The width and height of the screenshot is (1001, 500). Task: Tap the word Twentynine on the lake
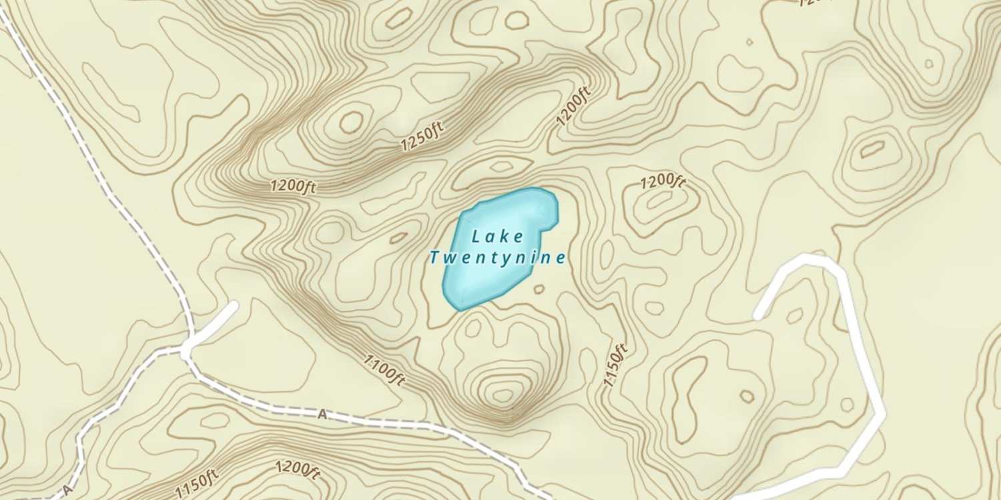pyautogui.click(x=498, y=257)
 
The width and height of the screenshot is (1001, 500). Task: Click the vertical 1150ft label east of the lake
pyautogui.click(x=615, y=365)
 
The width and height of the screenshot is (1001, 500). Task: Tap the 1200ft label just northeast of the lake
pyautogui.click(x=663, y=182)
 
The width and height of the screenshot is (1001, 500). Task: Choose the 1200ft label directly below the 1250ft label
pyautogui.click(x=293, y=186)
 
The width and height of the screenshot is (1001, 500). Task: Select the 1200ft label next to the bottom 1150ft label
pyautogui.click(x=298, y=469)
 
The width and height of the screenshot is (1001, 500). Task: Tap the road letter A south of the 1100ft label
pyautogui.click(x=322, y=415)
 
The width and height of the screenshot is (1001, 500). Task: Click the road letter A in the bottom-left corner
pyautogui.click(x=67, y=490)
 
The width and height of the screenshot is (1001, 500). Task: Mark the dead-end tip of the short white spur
pyautogui.click(x=233, y=305)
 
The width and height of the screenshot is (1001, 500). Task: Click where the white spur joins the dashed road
pyautogui.click(x=186, y=348)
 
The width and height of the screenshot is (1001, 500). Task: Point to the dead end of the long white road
pyautogui.click(x=757, y=315)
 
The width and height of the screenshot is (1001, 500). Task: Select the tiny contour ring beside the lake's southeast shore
pyautogui.click(x=539, y=289)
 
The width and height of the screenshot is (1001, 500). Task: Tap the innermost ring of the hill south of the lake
pyautogui.click(x=503, y=395)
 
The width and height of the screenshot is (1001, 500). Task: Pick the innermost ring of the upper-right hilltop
pyautogui.click(x=872, y=149)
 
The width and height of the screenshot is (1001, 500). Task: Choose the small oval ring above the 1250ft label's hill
pyautogui.click(x=351, y=121)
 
